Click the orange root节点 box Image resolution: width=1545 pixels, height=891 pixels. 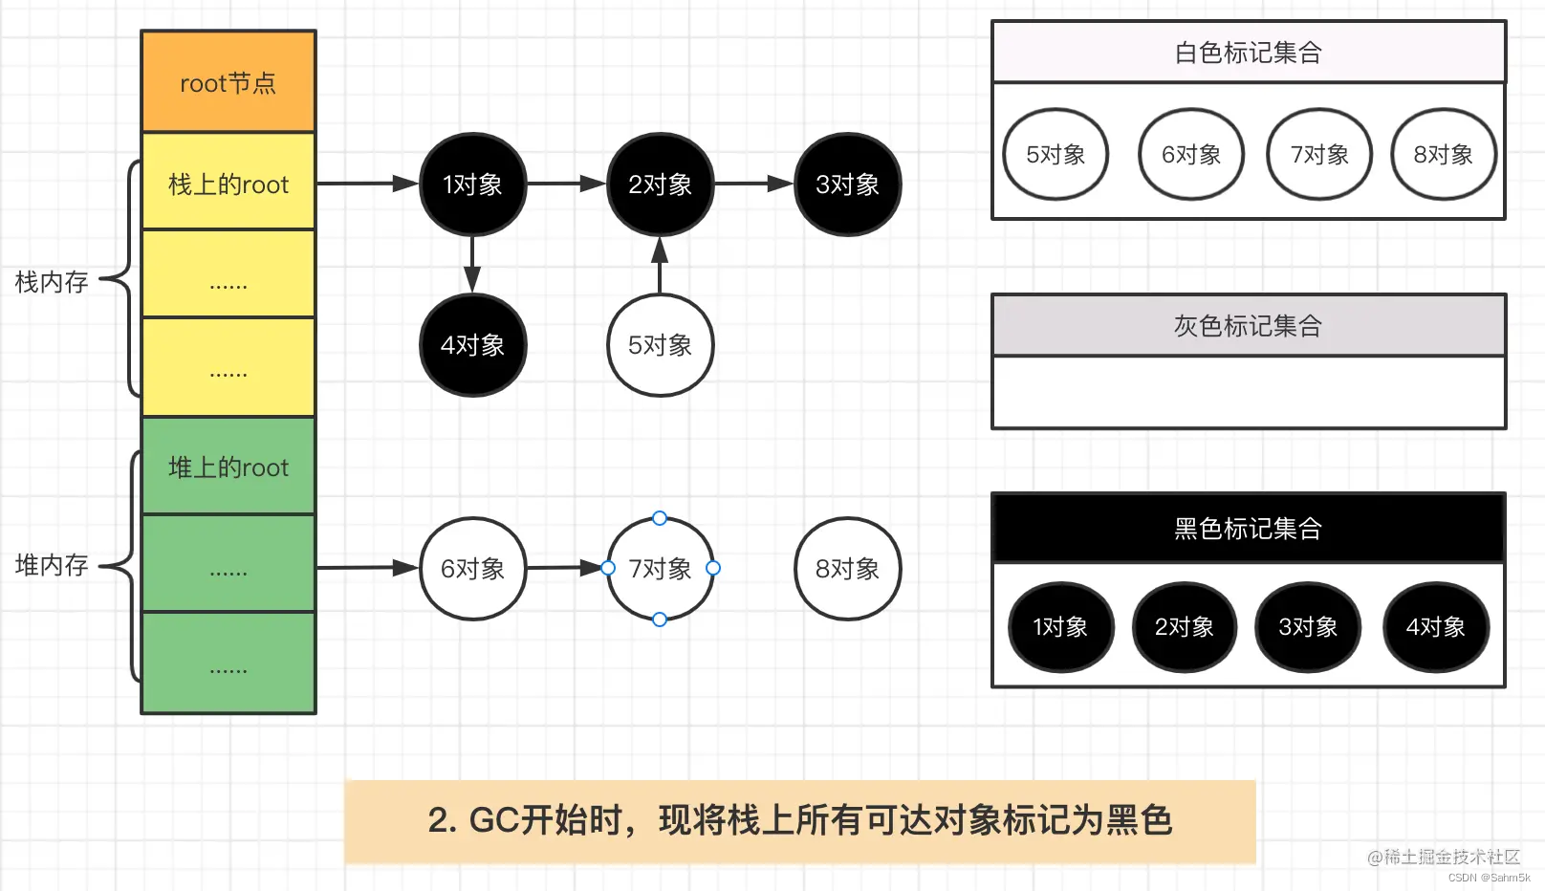click(228, 82)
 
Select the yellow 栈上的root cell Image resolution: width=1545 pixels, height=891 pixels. click(228, 183)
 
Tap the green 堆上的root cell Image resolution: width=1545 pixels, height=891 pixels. click(228, 467)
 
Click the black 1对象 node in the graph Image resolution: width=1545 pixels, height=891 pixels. click(472, 185)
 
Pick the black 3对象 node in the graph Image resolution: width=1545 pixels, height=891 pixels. click(847, 185)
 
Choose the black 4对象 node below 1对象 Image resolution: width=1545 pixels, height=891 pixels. click(472, 345)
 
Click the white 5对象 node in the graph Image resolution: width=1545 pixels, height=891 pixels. click(660, 345)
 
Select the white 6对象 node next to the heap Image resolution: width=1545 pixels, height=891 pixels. click(472, 569)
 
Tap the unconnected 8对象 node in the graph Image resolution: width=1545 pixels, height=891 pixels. click(847, 569)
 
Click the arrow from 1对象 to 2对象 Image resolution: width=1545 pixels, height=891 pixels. click(566, 184)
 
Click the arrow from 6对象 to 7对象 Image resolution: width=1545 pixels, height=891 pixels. click(566, 568)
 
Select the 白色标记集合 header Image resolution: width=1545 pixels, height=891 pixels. click(1248, 53)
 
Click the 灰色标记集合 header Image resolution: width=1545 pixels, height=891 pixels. click(1248, 326)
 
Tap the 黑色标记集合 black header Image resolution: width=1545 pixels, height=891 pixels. click(1248, 528)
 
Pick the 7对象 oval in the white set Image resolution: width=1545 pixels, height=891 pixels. click(1318, 154)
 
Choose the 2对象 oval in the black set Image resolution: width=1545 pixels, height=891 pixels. click(1184, 627)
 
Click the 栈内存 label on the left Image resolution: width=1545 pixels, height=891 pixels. click(52, 282)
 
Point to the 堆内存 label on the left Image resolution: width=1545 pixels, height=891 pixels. click(52, 565)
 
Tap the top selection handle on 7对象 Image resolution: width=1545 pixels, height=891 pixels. click(660, 518)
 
